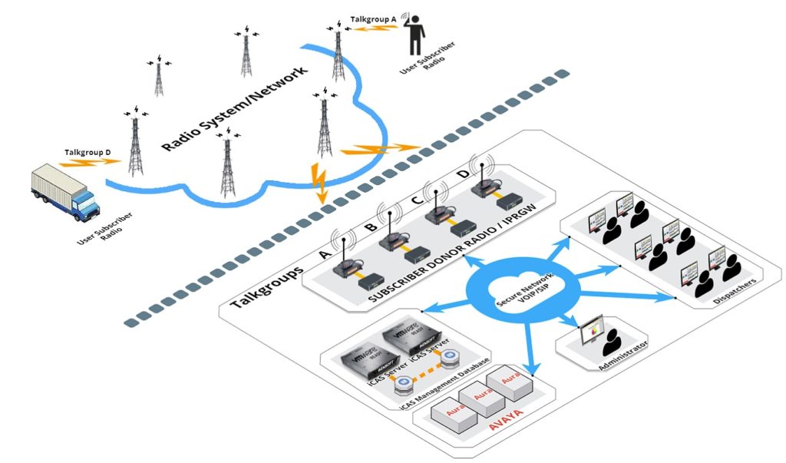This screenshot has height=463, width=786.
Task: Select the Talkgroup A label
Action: (x=374, y=17)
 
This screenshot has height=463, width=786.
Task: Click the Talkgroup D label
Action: (x=88, y=152)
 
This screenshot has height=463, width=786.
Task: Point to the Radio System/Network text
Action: (x=234, y=108)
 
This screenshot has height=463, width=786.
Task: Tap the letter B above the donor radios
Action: (x=369, y=227)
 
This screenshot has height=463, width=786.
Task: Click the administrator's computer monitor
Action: (x=592, y=329)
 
